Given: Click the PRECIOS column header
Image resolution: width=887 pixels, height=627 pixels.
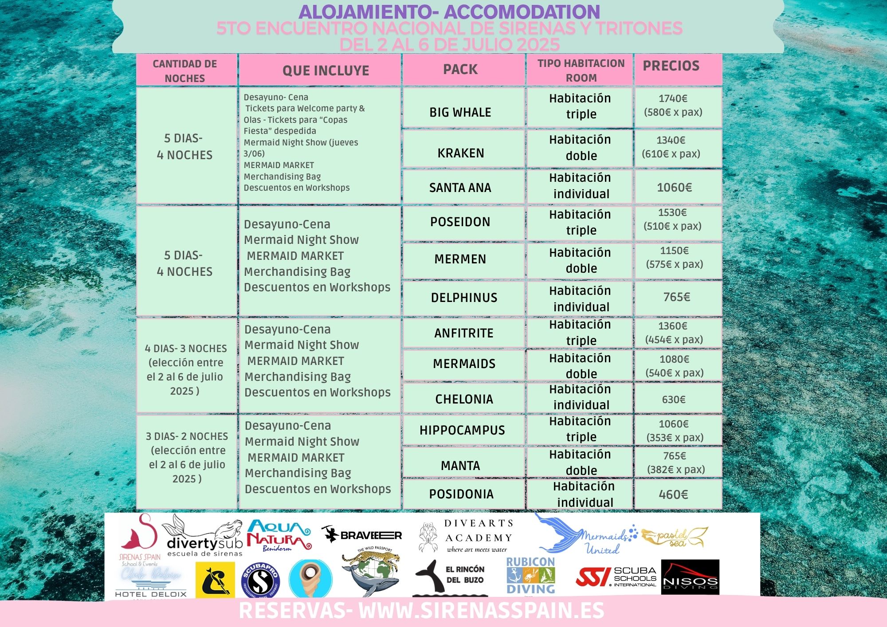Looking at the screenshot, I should point(671,66).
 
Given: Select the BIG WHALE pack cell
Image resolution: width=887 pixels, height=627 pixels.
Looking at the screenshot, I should point(460,112).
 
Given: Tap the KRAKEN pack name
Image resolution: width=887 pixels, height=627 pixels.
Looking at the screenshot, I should point(461,153).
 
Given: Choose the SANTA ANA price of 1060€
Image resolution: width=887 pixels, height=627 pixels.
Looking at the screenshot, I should point(674,188).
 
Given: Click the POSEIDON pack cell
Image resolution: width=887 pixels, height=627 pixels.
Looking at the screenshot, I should point(460,222).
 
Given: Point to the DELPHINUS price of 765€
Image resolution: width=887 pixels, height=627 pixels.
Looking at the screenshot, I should point(676,297).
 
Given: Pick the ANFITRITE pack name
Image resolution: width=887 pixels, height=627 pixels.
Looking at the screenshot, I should point(463,333).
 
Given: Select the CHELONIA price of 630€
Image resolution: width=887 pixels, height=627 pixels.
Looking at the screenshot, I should point(674,400).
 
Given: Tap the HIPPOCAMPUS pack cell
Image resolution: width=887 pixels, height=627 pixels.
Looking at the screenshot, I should point(462,430).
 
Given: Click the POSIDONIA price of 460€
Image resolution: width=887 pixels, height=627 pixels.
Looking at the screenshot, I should point(673,494).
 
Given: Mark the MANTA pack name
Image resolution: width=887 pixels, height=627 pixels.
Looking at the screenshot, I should point(460,466).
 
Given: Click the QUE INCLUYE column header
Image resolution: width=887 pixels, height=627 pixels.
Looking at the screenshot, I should point(326,71).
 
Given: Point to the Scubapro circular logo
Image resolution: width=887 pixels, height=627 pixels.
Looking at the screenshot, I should point(260,580).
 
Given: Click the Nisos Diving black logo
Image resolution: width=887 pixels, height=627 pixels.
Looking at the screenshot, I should point(690,577).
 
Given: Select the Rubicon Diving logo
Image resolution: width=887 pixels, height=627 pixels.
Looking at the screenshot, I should point(531,576).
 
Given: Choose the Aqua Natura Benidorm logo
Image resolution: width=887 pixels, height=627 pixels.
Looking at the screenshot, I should point(279,535).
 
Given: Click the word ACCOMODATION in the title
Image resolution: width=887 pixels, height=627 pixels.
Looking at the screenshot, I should point(522,12).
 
